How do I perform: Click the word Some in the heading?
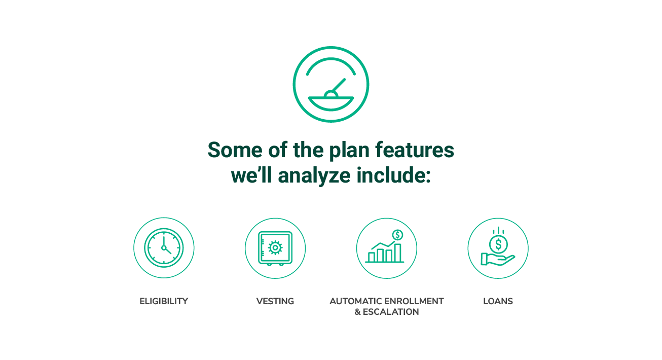point(235,150)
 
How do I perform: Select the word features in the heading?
point(415,150)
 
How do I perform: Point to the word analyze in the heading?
point(314,175)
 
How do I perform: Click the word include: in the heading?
point(394,175)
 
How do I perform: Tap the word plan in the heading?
point(349,151)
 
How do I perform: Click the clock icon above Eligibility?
point(164,247)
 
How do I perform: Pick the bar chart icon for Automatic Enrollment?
point(385,247)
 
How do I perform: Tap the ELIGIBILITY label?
point(164,301)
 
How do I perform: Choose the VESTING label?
point(275,301)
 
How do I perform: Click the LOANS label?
point(498,301)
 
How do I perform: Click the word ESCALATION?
point(391,312)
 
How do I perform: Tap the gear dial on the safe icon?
point(275,247)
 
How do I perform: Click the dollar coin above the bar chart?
point(397,235)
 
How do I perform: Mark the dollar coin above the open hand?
point(498,244)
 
